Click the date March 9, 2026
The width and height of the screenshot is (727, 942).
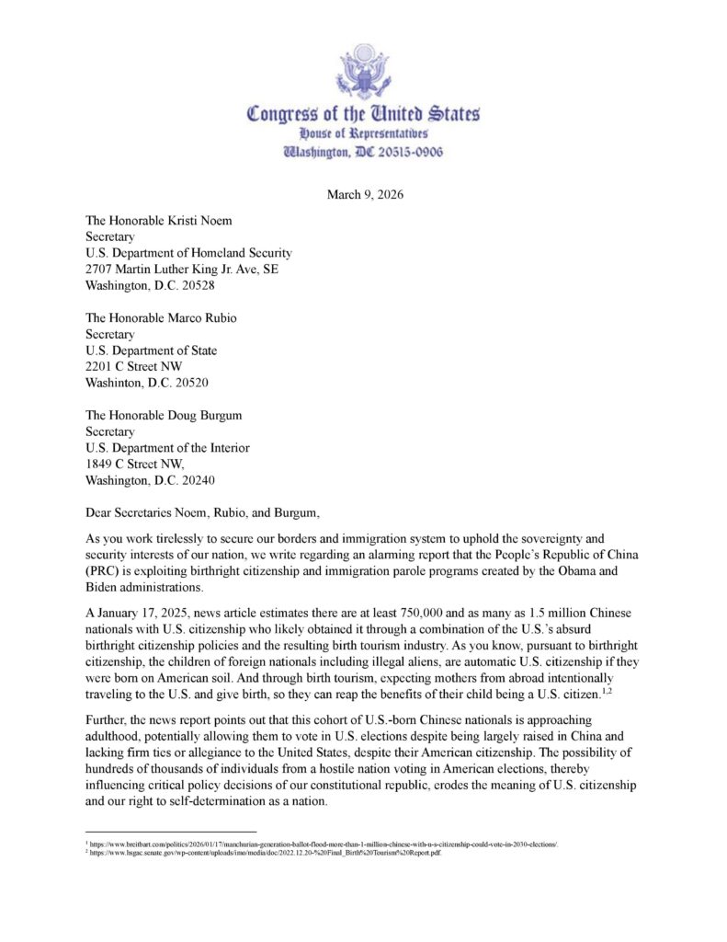click(363, 194)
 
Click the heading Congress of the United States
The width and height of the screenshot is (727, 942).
click(363, 114)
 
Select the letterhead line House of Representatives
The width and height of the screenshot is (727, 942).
click(363, 134)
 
